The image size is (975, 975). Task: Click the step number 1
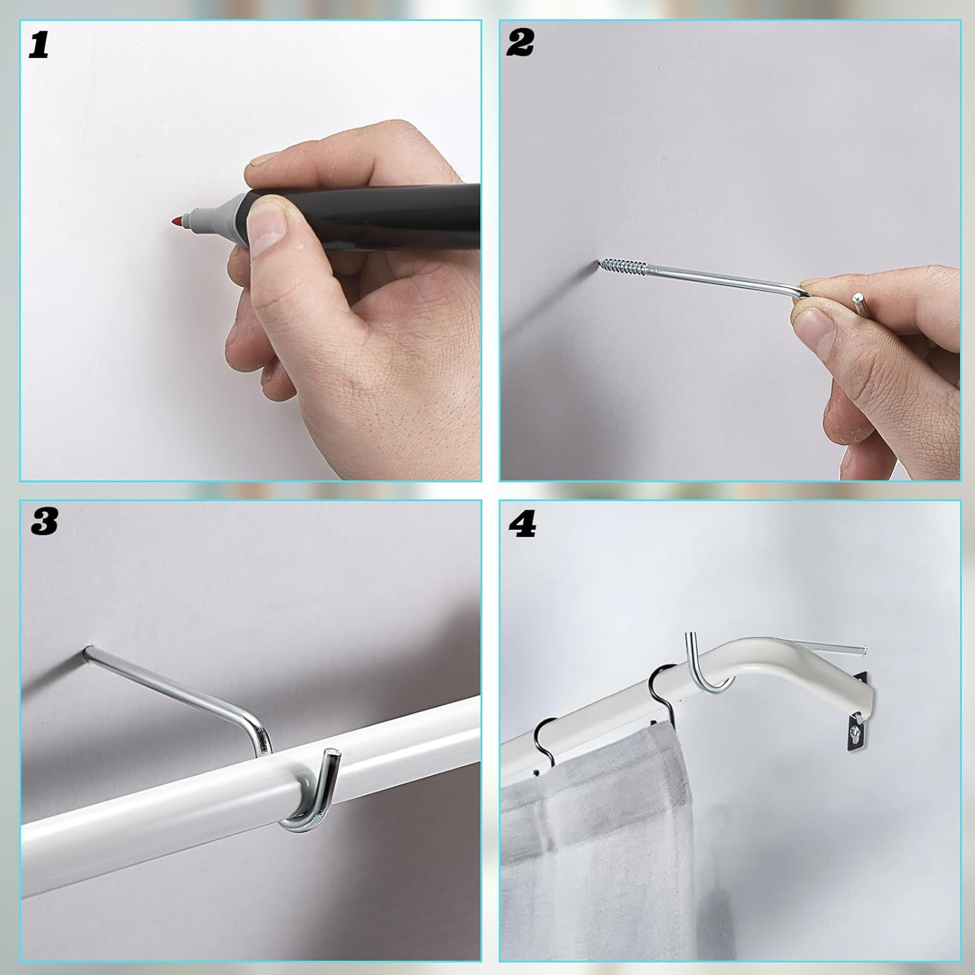click(x=39, y=45)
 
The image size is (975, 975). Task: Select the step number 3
click(x=44, y=522)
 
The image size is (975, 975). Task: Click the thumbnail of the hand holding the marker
click(x=268, y=224)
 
